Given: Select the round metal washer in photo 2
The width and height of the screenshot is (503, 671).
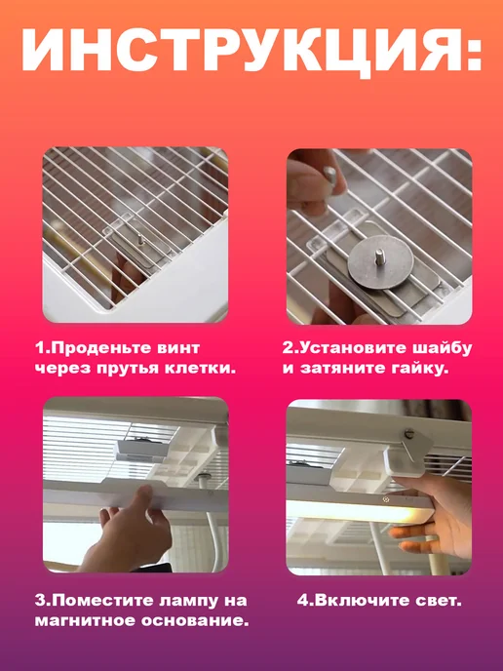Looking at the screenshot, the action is pos(380,262).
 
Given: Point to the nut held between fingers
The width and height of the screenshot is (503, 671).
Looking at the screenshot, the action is pos(330,175).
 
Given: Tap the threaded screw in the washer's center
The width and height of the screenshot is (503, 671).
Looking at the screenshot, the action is pos(379,256).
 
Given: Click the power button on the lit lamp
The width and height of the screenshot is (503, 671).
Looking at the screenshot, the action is pos(386,499).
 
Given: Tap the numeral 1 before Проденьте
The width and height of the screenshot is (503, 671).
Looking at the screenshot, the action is pos(39,348).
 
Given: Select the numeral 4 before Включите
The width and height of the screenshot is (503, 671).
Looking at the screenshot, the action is pos(303,601).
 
